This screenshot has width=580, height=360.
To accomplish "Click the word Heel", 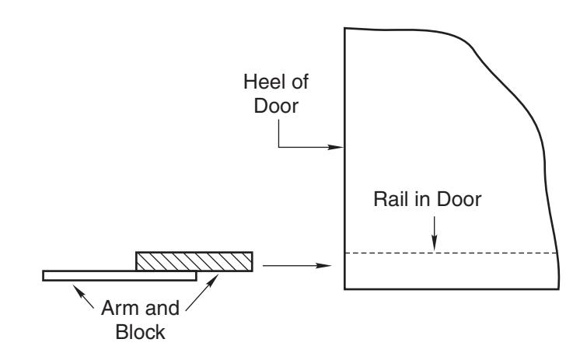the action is coord(265,82).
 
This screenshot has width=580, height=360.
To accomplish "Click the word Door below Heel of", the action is coord(276,106).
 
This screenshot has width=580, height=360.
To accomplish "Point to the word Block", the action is coord(140,332).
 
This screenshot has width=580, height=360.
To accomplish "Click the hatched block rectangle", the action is coord(194,261).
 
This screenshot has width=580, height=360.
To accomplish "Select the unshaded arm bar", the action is coord(120,276).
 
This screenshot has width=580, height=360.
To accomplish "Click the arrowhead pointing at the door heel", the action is coord(336,147).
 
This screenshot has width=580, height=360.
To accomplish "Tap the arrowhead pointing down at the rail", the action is coord(435,245).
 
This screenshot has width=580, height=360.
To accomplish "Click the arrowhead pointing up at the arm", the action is coord(78,290).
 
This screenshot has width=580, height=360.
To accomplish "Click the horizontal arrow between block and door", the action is coord(297,265).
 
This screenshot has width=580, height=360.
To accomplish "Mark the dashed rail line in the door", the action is coord(450,253).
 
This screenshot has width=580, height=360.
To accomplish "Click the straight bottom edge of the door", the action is coord(451,288).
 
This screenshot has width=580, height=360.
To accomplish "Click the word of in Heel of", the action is coord(300,82).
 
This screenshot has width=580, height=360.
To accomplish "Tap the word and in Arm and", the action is coord(162,308).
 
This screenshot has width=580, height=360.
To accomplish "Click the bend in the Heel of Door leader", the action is coord(279,147).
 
